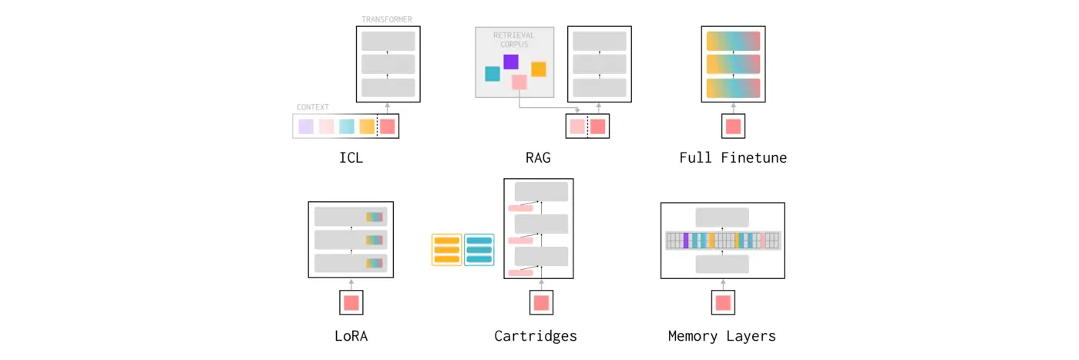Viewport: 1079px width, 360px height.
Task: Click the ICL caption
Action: point(351,158)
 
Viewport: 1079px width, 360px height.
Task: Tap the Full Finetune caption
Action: point(733,158)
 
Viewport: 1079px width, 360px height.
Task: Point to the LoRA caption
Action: point(351,336)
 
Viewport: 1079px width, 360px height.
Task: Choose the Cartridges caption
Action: point(536,336)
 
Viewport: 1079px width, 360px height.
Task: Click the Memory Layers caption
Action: point(722,336)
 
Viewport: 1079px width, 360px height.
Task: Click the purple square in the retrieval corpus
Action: point(511,62)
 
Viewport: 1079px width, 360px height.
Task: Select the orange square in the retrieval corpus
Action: point(539,69)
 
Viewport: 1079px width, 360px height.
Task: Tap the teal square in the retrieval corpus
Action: point(492,74)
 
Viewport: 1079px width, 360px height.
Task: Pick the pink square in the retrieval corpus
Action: point(519,82)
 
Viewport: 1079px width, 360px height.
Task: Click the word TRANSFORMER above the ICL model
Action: point(387,19)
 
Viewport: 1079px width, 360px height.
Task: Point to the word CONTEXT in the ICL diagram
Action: point(313,107)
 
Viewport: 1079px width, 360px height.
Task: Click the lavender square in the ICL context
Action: point(306,126)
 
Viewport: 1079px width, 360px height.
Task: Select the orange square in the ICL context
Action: point(367,126)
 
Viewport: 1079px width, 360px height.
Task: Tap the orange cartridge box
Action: point(447,250)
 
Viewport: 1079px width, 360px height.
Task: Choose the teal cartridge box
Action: point(479,250)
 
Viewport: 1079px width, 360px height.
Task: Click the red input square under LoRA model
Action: point(351,303)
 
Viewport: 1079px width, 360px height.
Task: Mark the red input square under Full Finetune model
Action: point(733,126)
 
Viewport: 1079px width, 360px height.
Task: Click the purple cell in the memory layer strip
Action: point(686,241)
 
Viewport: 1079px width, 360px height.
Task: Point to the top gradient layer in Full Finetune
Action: point(733,41)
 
